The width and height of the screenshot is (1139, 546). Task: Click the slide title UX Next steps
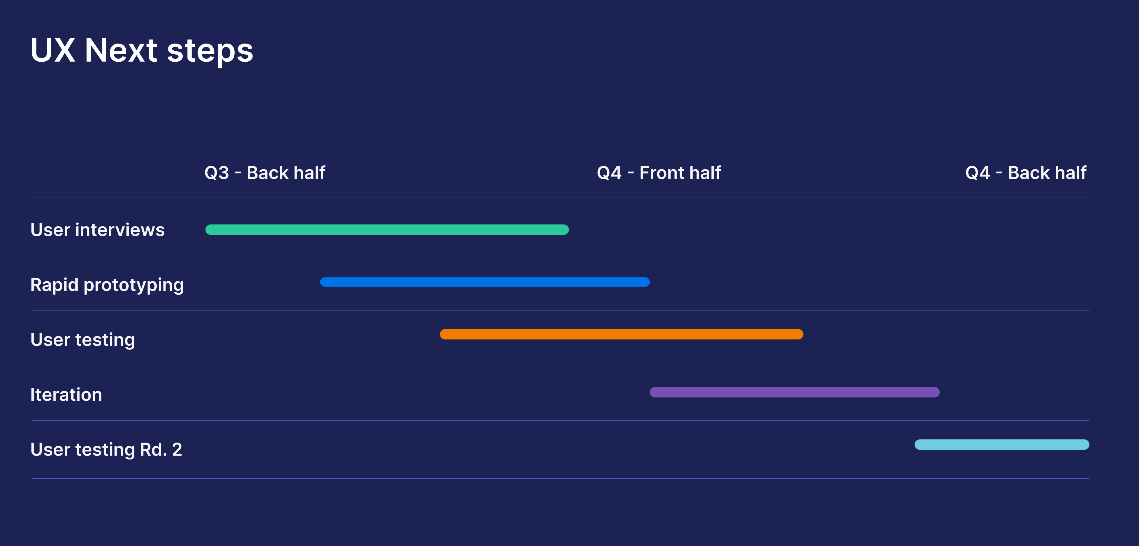pos(141,51)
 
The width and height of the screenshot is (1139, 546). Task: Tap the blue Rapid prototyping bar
pos(485,282)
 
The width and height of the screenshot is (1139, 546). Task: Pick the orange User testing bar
pos(621,334)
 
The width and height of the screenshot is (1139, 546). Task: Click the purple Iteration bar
pos(795,392)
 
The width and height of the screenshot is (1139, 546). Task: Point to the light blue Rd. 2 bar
pos(1001,444)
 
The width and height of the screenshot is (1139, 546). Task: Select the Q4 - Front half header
pos(659,173)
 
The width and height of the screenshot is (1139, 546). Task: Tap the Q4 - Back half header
pos(1026,173)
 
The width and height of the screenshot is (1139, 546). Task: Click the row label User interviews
pos(97,230)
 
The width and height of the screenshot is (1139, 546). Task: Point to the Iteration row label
pos(66,395)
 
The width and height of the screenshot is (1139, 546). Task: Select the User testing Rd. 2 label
pos(106,450)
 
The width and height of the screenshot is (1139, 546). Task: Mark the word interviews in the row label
pos(120,230)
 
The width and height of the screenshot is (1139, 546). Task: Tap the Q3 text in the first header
pos(217,173)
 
